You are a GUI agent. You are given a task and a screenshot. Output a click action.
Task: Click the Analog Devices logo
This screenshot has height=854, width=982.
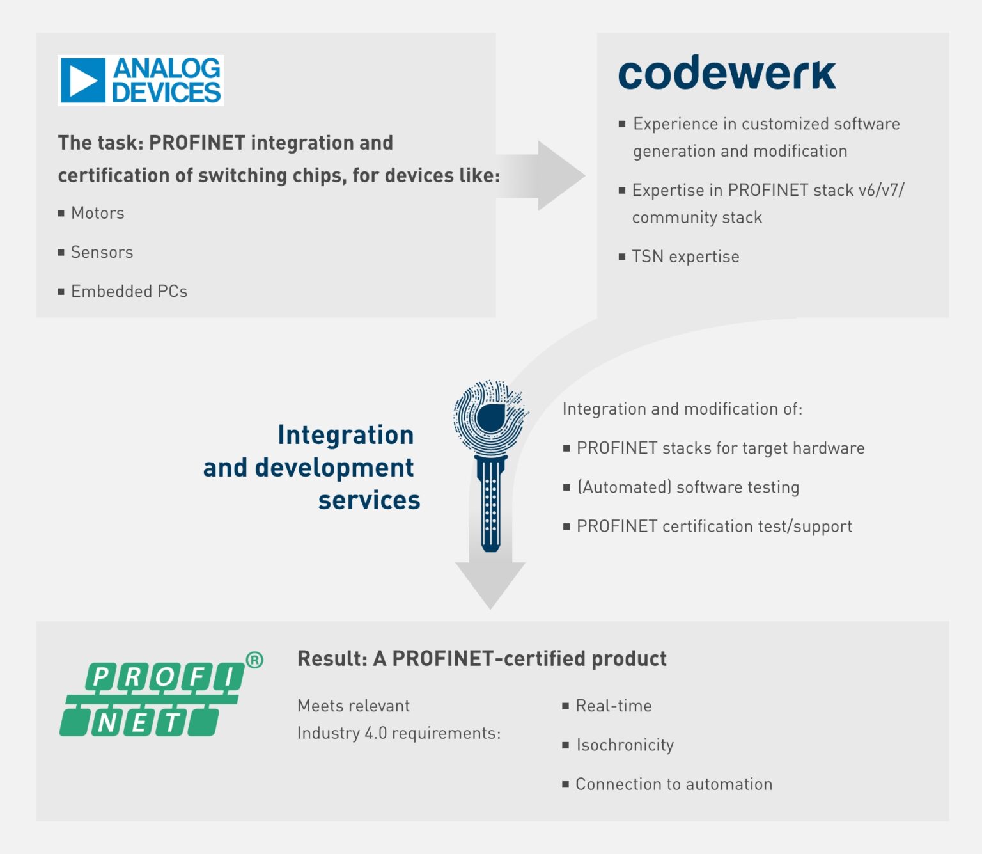click(x=141, y=81)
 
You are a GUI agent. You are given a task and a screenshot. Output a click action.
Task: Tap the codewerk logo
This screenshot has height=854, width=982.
click(x=727, y=73)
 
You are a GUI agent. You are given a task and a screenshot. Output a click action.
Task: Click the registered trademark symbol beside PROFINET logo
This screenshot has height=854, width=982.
click(x=254, y=660)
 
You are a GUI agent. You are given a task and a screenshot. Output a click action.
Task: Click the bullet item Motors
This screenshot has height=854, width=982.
click(x=97, y=213)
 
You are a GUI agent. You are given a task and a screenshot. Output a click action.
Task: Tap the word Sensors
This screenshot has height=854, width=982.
click(x=102, y=252)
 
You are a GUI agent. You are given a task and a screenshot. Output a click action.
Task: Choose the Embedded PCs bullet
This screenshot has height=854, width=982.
click(x=129, y=291)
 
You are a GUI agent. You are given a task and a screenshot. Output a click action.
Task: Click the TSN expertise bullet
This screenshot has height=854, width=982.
click(x=685, y=257)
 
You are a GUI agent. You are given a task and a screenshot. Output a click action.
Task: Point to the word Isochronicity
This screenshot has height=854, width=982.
click(x=625, y=745)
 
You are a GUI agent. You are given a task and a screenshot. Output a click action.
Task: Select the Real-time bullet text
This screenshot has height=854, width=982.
click(x=613, y=706)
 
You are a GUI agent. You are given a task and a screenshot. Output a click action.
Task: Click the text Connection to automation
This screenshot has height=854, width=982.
click(x=674, y=784)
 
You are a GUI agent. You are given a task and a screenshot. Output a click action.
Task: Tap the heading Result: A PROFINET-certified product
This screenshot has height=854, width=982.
click(x=481, y=658)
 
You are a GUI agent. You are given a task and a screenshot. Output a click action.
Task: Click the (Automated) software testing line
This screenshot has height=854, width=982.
click(x=688, y=487)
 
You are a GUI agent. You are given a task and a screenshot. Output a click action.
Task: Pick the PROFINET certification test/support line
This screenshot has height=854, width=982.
click(x=714, y=526)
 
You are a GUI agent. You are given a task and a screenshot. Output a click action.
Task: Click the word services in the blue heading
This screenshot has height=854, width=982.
click(x=369, y=500)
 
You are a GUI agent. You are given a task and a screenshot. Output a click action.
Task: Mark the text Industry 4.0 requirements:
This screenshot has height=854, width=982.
click(x=398, y=733)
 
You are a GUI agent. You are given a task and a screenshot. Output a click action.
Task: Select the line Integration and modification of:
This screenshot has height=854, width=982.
click(x=682, y=409)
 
